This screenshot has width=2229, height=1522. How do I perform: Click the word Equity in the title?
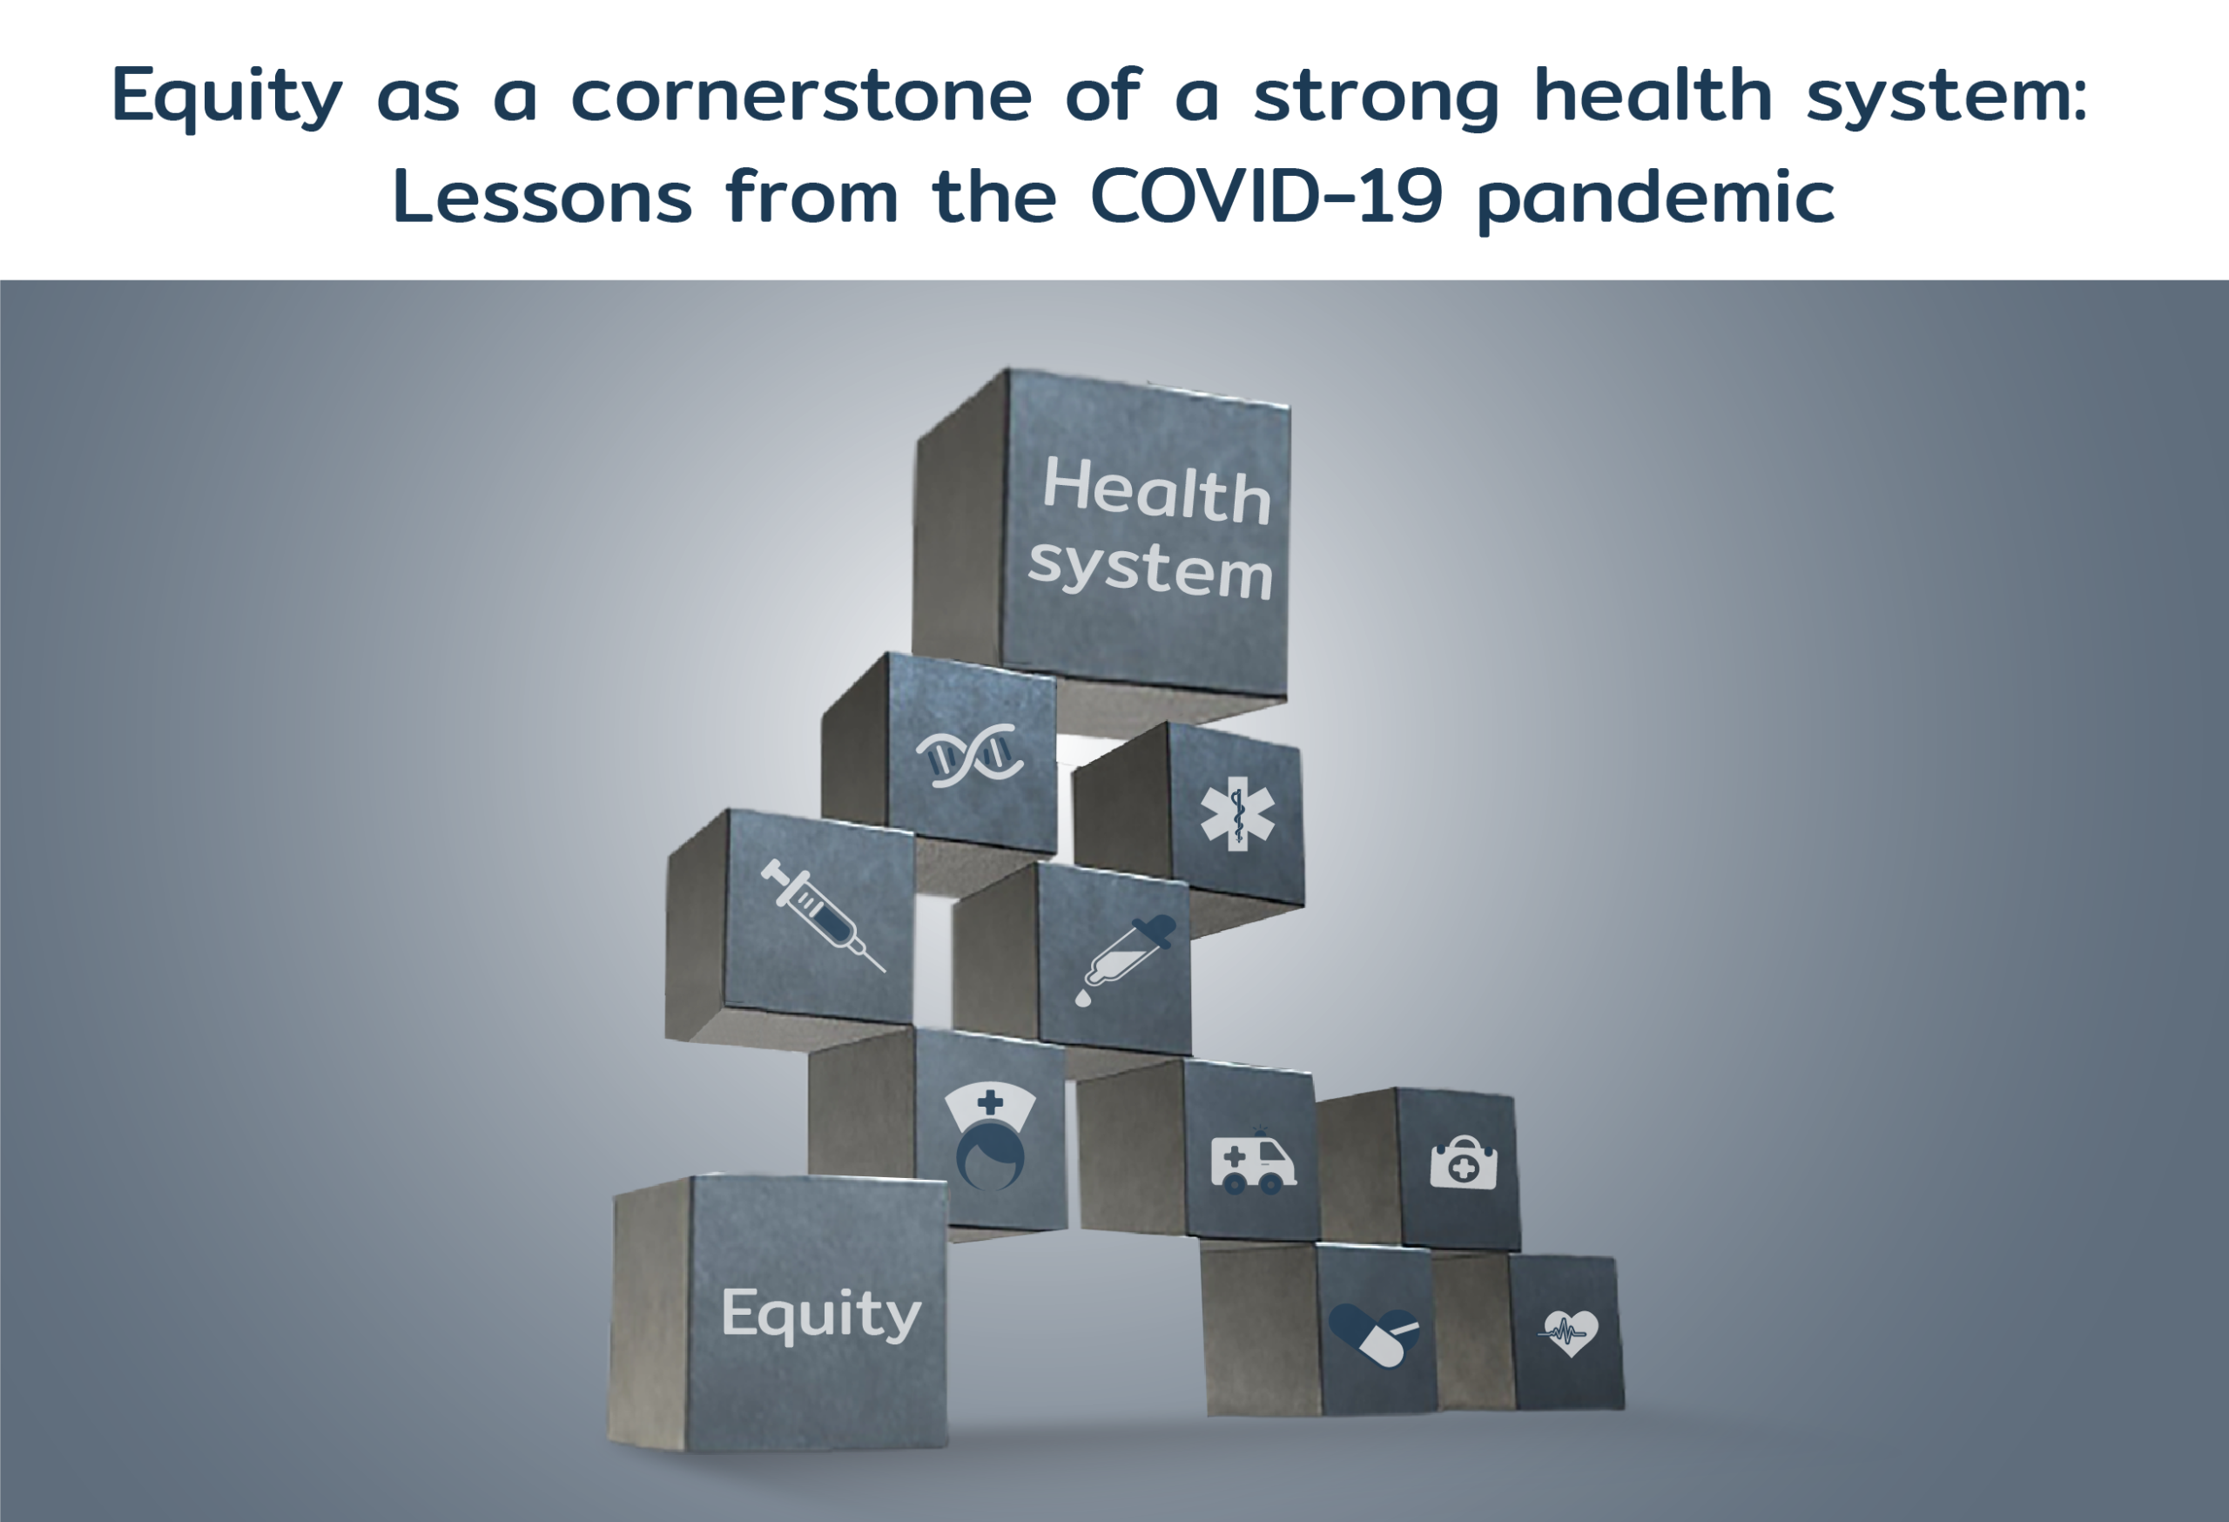coord(226,97)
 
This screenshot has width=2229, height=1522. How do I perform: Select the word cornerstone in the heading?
coord(801,97)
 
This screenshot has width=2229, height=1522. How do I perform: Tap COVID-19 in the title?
coord(1265,197)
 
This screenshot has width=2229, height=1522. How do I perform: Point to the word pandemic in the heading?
coord(1655,198)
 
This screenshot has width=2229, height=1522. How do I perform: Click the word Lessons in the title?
coord(542,197)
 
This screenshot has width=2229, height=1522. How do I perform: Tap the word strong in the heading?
coord(1377,97)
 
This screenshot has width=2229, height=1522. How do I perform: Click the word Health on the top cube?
coord(1155,490)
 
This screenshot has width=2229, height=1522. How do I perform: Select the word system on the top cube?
coord(1150,568)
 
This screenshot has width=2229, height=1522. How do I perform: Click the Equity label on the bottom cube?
coord(821,1314)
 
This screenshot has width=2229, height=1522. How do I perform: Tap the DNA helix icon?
coord(969,756)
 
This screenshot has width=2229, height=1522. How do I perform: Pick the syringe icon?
coord(822,913)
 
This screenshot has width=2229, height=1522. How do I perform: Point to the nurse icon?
coord(990,1137)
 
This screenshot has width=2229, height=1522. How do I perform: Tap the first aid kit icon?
coord(1463,1163)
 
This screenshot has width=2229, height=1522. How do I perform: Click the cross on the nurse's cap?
coord(990,1103)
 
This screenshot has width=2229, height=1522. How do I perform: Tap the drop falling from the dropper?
coord(1083,1000)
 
